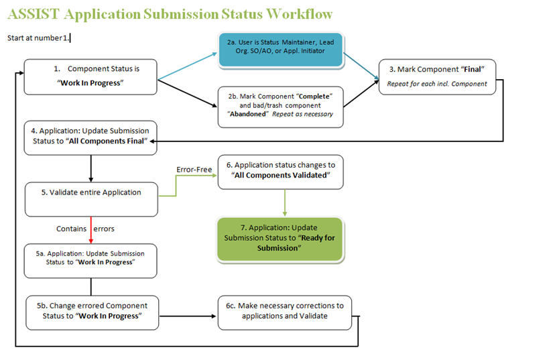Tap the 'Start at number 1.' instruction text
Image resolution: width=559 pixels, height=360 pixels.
(x=40, y=38)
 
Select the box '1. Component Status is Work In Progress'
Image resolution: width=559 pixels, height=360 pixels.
(x=90, y=77)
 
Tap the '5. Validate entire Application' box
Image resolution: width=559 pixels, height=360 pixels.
(x=90, y=198)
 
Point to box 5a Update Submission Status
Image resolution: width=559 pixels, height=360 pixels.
(x=90, y=260)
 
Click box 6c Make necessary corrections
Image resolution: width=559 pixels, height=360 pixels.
(x=284, y=311)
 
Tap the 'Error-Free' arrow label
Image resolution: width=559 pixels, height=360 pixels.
(x=194, y=170)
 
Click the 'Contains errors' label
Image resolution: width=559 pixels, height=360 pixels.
(x=85, y=229)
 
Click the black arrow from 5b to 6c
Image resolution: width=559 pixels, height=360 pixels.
(x=188, y=315)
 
